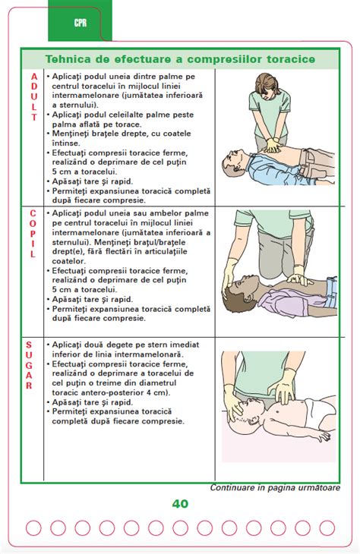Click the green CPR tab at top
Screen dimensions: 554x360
pos(80,22)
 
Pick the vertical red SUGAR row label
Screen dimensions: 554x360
pos(30,365)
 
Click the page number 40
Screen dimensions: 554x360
pos(180,503)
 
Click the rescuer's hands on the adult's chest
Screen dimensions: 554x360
pos(271,145)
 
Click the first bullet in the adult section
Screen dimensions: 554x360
pos(49,77)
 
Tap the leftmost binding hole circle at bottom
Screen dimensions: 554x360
pos(34,527)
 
